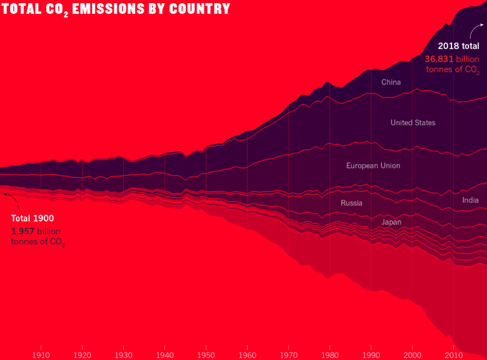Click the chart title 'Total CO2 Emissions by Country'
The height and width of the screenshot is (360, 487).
coord(116,10)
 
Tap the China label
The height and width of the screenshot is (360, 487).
coord(391,82)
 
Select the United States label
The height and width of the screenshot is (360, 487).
coord(413,123)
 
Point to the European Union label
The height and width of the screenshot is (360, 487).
coord(373,166)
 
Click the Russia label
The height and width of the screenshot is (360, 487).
coord(351,203)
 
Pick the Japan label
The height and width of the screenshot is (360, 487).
coord(391,222)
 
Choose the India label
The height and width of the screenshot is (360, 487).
coord(470,200)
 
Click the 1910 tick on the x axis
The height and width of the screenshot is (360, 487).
coord(41,354)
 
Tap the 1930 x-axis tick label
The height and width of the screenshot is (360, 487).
coord(123,354)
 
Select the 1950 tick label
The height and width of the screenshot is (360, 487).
coord(206,354)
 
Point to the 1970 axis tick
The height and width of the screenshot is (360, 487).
coord(288,354)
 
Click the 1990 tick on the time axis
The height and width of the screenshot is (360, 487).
coord(371,354)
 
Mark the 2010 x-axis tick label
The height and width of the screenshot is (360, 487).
coord(453,354)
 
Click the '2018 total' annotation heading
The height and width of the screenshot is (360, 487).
coord(458,46)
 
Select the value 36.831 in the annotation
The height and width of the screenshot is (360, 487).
coord(438,58)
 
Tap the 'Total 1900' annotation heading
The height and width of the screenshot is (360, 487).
coord(32,218)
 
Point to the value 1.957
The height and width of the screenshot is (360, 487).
coord(23,231)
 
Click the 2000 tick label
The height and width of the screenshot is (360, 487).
coord(412,354)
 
